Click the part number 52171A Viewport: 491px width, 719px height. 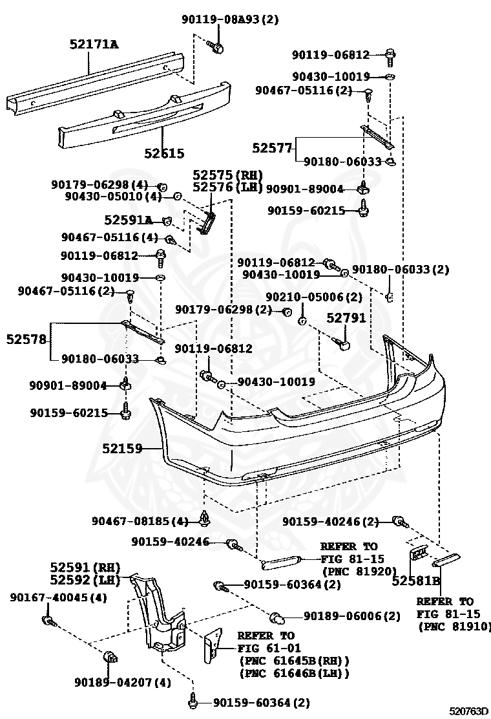(x=94, y=44)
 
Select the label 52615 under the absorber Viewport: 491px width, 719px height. (x=164, y=153)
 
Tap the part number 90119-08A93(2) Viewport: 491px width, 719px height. (x=229, y=19)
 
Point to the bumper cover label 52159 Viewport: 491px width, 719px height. (x=121, y=447)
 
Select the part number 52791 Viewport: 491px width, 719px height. (x=346, y=317)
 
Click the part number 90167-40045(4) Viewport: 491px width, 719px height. (x=58, y=597)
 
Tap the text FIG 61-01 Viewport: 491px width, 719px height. (x=266, y=649)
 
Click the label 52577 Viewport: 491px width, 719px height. (x=272, y=148)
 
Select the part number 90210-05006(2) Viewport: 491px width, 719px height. (x=314, y=297)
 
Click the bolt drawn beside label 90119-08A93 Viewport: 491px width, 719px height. (x=216, y=46)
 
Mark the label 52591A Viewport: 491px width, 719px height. (x=129, y=220)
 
